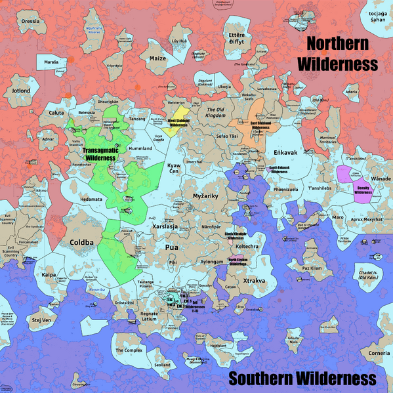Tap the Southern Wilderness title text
coord(302,379)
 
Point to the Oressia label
coord(30,21)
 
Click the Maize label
coord(158,58)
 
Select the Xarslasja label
coord(165,226)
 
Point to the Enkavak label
coord(286,152)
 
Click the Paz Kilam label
coord(312,268)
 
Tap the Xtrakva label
coord(254,280)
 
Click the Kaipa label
coord(49,275)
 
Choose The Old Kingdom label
coord(216,114)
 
